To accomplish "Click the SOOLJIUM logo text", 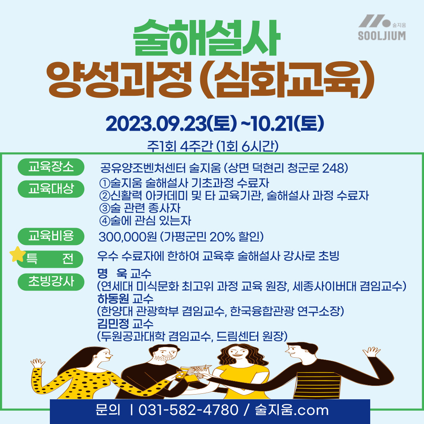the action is (382, 36).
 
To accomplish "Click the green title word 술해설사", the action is (207, 38).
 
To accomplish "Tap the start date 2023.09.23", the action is (156, 124).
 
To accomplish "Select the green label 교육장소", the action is (51, 167).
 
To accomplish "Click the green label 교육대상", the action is (51, 189).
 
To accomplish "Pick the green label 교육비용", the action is (51, 236).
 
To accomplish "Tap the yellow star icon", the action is (17, 254).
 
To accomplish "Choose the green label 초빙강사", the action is (51, 282).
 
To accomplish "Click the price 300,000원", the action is (128, 237).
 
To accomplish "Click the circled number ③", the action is (105, 208).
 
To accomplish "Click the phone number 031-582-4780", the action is (188, 410).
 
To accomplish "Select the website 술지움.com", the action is (292, 410).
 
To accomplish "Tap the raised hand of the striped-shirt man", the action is (371, 352).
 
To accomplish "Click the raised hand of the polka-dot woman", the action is (38, 364).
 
